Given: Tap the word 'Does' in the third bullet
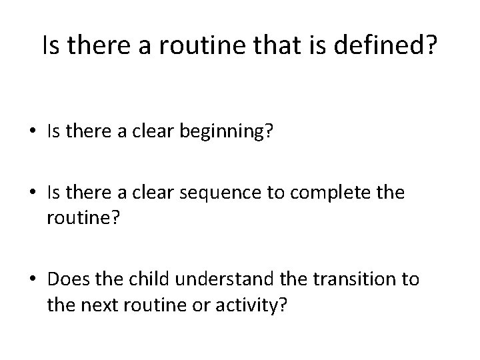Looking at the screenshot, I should [66, 279].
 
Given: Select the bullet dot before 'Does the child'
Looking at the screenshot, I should [33, 279].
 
